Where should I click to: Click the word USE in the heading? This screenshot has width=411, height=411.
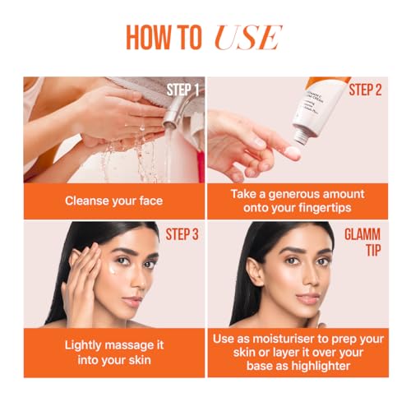pos(248,38)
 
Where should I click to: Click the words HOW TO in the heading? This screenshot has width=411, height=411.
pos(164,38)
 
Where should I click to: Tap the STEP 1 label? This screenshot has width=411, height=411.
pos(182,90)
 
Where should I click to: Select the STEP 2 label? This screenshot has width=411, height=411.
pos(365,90)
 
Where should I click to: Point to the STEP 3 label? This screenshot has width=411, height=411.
pos(182,234)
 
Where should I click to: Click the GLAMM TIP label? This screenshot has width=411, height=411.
pos(363,242)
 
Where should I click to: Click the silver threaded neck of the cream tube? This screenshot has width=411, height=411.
pos(302,136)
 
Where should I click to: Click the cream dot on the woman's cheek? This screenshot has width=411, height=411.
pos(112,269)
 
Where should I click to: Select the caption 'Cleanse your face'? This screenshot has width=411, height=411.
pos(114,201)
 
